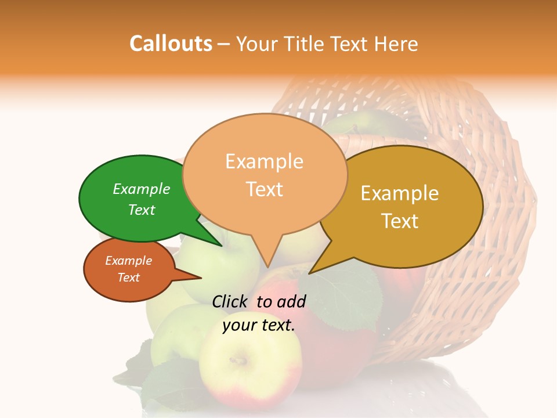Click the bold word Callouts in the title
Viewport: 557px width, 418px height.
pyautogui.click(x=171, y=44)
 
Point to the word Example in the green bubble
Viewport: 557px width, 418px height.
pyautogui.click(x=142, y=189)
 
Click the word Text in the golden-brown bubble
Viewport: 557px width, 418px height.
pyautogui.click(x=400, y=221)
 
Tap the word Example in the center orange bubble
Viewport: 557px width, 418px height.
pyautogui.click(x=265, y=161)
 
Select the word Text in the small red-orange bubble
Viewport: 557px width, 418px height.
pyautogui.click(x=129, y=278)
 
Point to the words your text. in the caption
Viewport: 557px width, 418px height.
pyautogui.click(x=259, y=325)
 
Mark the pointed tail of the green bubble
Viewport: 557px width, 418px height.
pyautogui.click(x=220, y=245)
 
